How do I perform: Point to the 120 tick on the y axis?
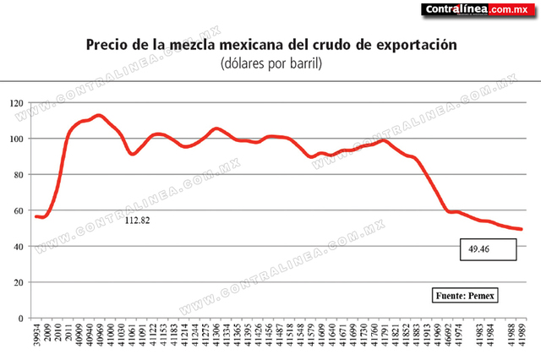click(15, 103)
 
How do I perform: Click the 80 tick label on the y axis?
click(18, 175)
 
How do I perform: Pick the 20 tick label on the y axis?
click(18, 283)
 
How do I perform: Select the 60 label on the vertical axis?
click(18, 211)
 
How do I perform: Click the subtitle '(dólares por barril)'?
click(271, 63)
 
